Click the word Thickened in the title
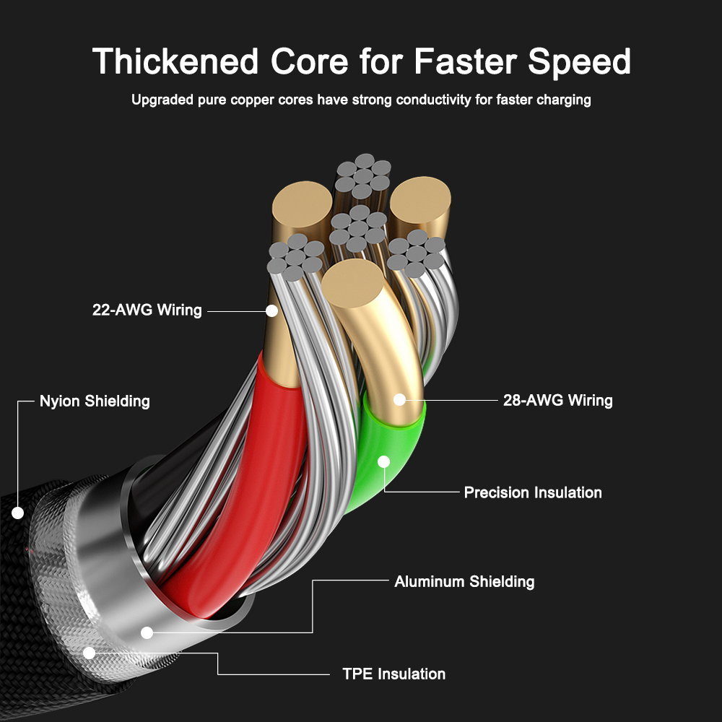(175, 61)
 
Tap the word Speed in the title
(579, 61)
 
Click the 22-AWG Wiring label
(147, 310)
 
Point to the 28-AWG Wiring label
(557, 400)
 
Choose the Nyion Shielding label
(95, 401)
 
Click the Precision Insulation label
(533, 492)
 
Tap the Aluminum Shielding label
(464, 581)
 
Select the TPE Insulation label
(393, 674)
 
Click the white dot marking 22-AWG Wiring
(271, 311)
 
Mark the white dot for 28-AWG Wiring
(399, 399)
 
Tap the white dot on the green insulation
(383, 461)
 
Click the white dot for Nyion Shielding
(17, 513)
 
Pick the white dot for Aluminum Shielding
(147, 632)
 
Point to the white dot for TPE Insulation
(90, 653)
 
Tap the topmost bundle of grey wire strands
(363, 176)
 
